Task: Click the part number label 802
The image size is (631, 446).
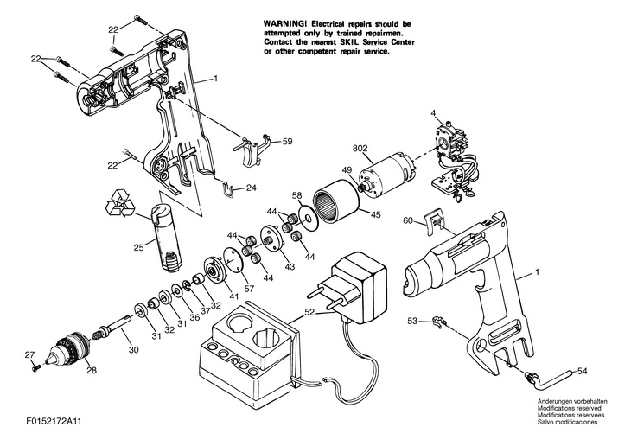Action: click(x=360, y=149)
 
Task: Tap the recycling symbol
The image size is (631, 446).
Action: click(x=120, y=203)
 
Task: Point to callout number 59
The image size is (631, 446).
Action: click(x=287, y=142)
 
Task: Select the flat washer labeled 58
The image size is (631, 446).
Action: click(x=309, y=219)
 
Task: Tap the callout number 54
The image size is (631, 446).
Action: click(x=582, y=372)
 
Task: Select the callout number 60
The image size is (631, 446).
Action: click(x=408, y=220)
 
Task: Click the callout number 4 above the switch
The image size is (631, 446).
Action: click(x=433, y=113)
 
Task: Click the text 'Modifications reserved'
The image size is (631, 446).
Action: click(x=569, y=409)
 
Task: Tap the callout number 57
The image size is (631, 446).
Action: click(x=250, y=288)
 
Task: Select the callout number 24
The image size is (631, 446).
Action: click(x=252, y=188)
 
